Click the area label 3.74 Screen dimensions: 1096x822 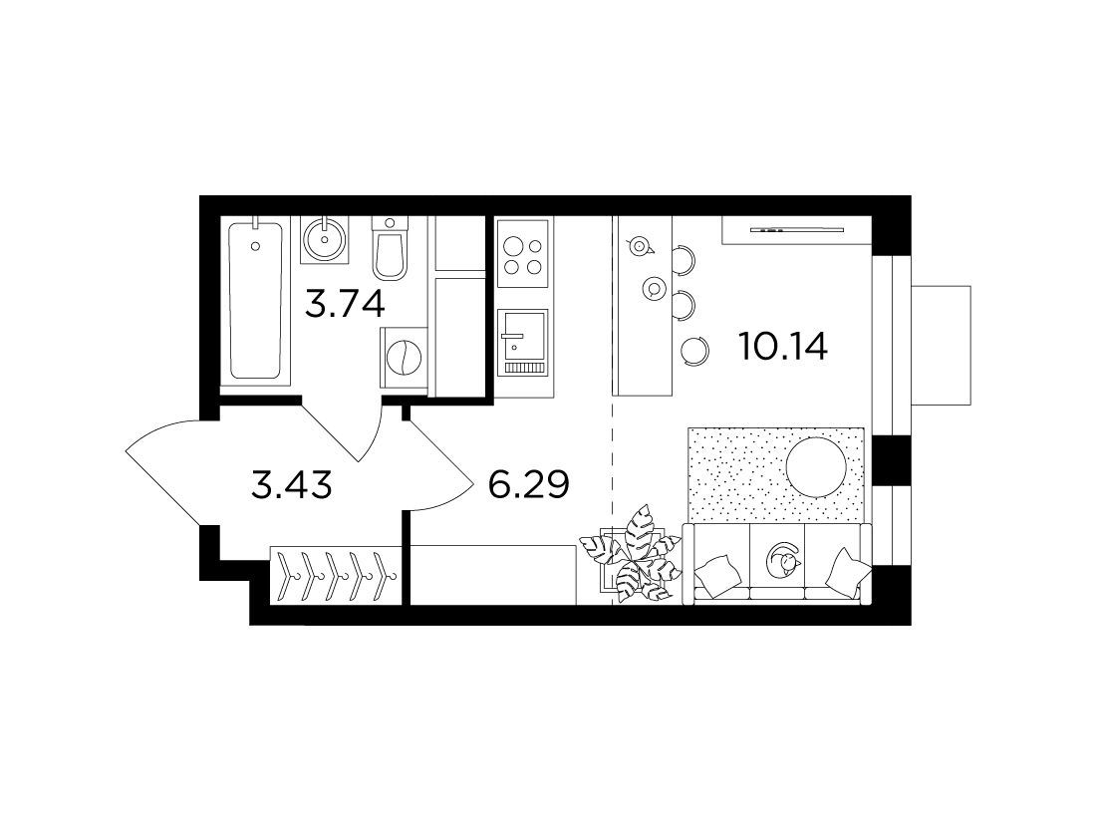(346, 304)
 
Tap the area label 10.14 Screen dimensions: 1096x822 (783, 346)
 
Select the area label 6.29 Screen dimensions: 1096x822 (528, 484)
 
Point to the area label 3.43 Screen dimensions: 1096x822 (291, 484)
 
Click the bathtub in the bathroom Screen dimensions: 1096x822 (255, 301)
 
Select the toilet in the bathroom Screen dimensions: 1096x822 (389, 249)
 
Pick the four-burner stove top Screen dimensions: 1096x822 (524, 256)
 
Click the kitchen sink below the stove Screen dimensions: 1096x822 (522, 344)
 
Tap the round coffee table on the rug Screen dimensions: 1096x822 (817, 467)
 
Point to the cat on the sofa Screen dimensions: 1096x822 (783, 560)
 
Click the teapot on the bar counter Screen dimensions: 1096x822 (638, 245)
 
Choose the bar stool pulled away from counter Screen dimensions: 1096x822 (695, 350)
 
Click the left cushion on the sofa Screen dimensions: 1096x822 (717, 574)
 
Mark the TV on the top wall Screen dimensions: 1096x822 (797, 229)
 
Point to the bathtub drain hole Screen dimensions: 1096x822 (256, 245)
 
